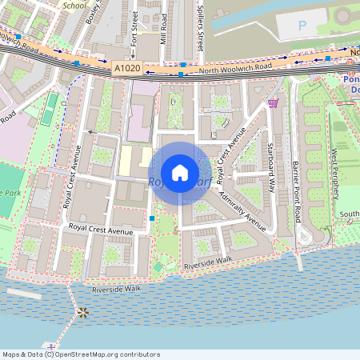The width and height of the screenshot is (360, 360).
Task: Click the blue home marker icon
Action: pos(180,173)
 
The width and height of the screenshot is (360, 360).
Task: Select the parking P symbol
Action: pos(302,26)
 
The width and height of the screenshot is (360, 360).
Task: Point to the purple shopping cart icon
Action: pos(274,102)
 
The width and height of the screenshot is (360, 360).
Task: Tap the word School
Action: pos(74,4)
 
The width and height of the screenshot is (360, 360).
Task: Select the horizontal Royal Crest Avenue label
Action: pos(100,230)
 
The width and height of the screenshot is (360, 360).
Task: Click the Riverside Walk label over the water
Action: pos(117,289)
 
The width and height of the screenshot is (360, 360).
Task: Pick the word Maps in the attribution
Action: pos(11,354)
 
